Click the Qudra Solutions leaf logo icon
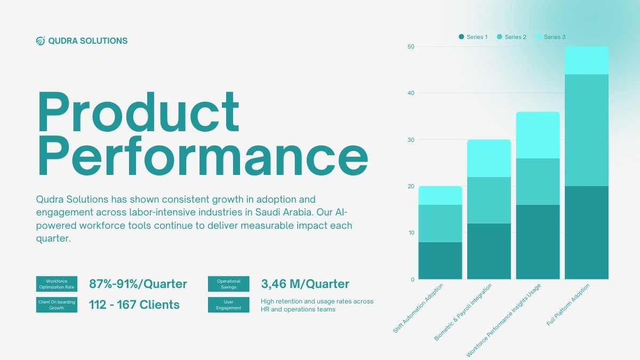click(41, 41)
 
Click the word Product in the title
click(139, 111)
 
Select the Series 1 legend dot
click(461, 37)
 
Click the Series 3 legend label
click(555, 37)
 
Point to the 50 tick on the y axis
click(411, 46)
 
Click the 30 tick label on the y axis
click(411, 140)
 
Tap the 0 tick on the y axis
click(412, 279)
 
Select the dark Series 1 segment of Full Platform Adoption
click(587, 233)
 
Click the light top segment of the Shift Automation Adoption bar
click(441, 195)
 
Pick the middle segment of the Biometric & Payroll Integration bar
click(489, 201)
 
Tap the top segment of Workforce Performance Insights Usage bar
click(538, 135)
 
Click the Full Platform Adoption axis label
click(568, 305)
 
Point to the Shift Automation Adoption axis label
click(418, 308)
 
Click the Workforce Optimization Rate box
click(57, 284)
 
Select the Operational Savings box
click(229, 284)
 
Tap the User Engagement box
click(229, 305)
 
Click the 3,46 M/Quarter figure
click(305, 284)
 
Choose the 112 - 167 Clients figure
click(134, 305)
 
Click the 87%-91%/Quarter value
click(138, 284)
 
